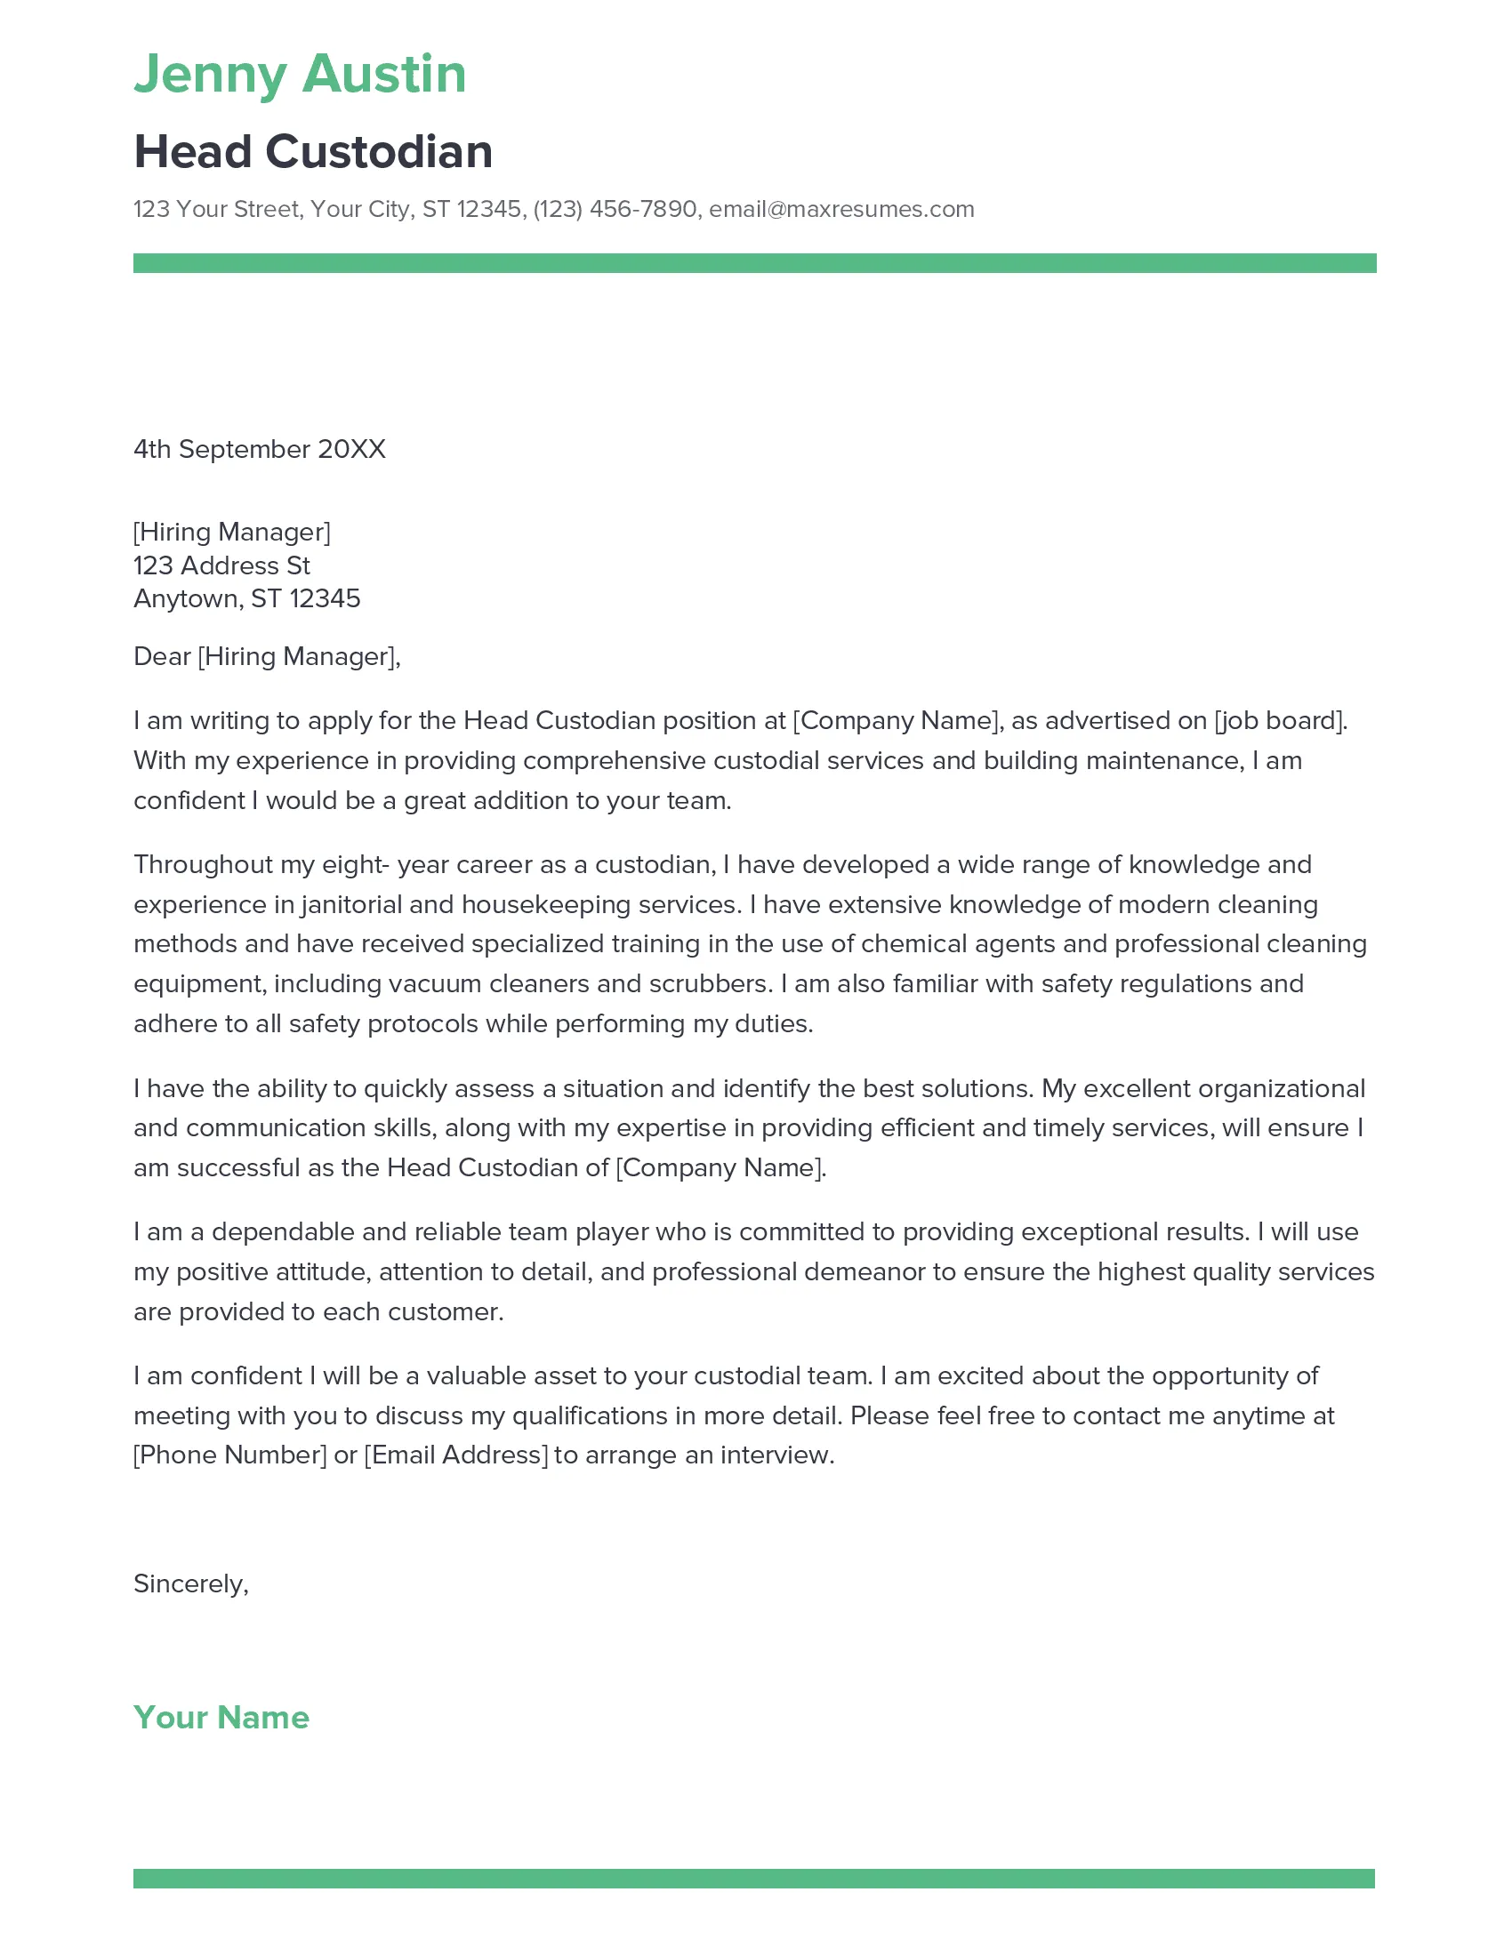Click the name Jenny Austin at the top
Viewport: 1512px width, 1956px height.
(x=300, y=74)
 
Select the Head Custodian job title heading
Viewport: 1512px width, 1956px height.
(x=312, y=151)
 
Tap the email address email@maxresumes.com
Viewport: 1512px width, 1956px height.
(x=841, y=209)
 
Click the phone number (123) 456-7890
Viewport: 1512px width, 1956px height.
(x=615, y=209)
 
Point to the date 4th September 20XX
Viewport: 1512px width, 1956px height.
(x=259, y=449)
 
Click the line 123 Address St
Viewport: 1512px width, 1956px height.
(x=221, y=565)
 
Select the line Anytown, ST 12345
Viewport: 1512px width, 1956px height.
(x=246, y=598)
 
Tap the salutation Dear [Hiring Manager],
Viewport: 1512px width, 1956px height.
(x=267, y=656)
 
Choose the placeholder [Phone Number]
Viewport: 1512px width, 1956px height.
(x=230, y=1455)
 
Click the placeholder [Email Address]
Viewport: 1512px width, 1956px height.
(x=456, y=1455)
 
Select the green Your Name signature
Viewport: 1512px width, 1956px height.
(x=221, y=1717)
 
